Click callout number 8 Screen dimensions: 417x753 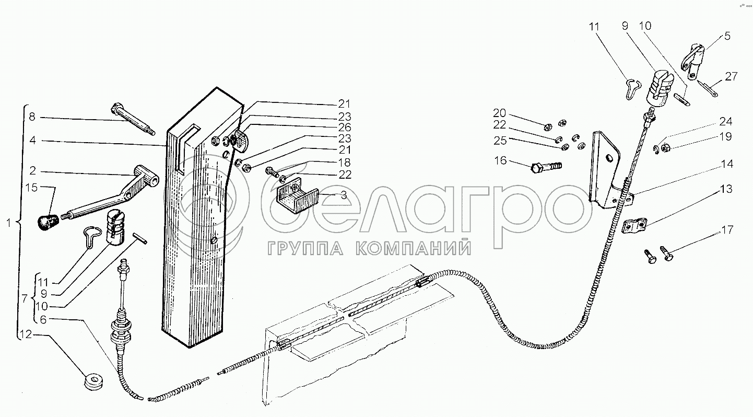point(32,117)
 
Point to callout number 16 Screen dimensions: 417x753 point(500,160)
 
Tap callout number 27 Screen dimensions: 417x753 point(731,76)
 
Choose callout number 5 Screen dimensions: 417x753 point(727,37)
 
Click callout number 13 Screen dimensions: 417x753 point(727,189)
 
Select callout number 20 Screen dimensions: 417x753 point(499,113)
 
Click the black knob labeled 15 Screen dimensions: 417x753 point(46,221)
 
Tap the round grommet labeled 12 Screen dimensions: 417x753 point(95,381)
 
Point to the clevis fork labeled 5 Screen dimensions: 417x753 point(691,60)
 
